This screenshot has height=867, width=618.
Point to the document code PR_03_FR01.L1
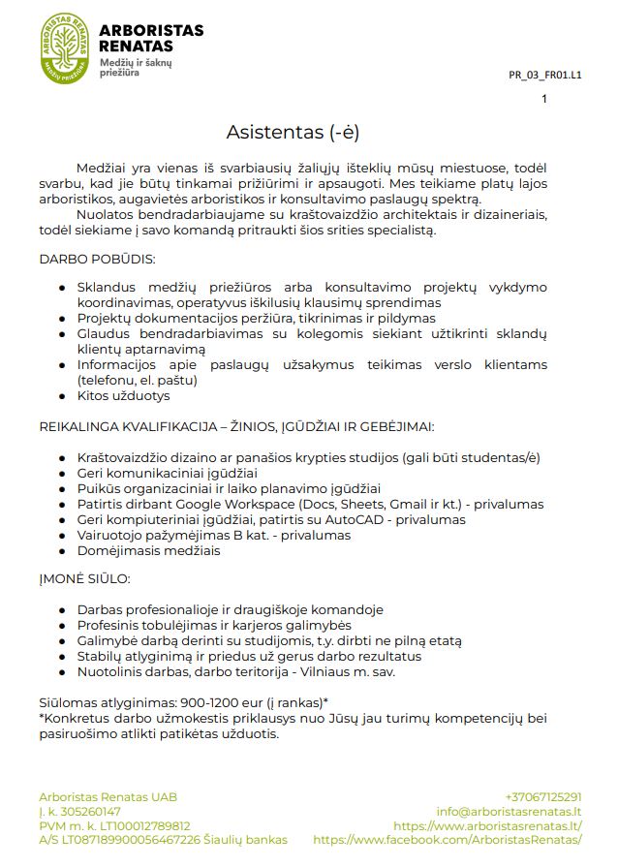click(545, 74)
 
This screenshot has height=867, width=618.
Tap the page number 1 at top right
click(544, 99)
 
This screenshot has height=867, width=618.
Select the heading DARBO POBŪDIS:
click(97, 260)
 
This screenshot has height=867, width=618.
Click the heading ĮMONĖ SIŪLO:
click(84, 579)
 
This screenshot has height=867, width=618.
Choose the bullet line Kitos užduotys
click(123, 395)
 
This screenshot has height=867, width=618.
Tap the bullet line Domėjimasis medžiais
click(148, 550)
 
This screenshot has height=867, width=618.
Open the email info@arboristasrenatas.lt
click(509, 811)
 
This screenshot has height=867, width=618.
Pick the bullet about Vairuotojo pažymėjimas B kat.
click(213, 535)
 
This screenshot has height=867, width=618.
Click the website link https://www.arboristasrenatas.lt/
click(487, 825)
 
